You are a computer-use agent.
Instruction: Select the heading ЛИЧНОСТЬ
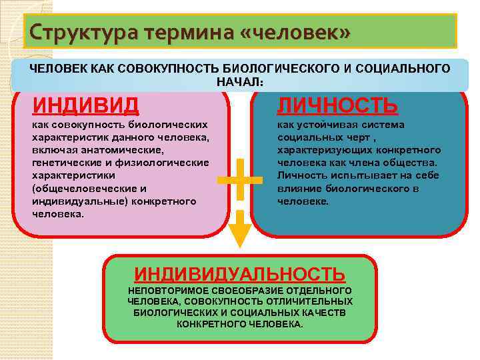click(x=338, y=105)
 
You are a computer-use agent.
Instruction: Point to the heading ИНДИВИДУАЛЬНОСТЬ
click(x=239, y=274)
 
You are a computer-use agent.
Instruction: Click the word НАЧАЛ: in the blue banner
click(x=240, y=81)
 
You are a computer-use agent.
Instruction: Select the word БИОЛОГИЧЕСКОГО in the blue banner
click(x=275, y=69)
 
